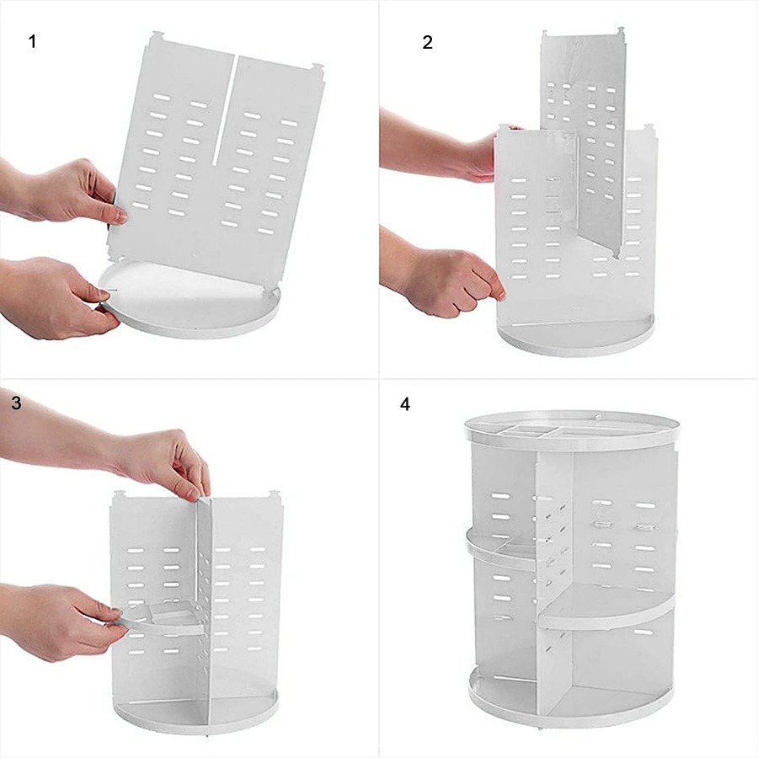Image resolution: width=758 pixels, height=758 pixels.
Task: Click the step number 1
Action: (x=32, y=41)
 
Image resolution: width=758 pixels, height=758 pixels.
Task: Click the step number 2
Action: (x=427, y=43)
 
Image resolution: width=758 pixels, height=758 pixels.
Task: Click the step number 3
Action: (x=17, y=403)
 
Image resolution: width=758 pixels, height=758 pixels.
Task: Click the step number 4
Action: (x=405, y=404)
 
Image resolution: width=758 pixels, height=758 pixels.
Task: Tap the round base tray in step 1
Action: (x=189, y=300)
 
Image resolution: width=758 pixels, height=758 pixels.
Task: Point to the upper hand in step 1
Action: (x=63, y=192)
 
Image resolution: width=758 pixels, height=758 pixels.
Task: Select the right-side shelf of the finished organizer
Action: (x=606, y=606)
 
